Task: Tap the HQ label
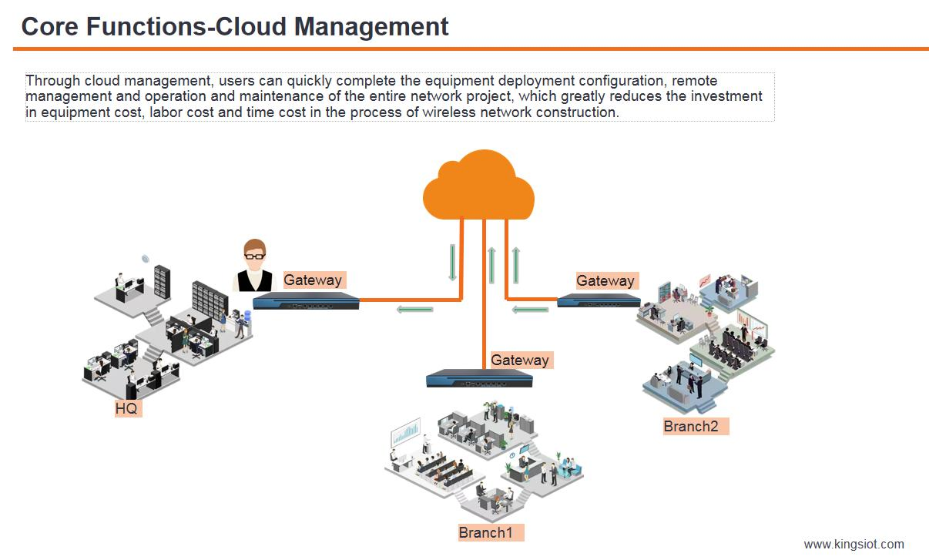point(126,409)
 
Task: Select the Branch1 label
point(486,532)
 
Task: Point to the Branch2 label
point(691,426)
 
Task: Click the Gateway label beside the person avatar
point(313,280)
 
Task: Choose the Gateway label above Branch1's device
point(520,360)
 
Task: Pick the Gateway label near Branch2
point(605,281)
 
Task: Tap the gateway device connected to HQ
point(306,301)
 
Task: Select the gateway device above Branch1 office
point(479,379)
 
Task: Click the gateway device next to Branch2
point(599,300)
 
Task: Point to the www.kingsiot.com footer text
point(854,544)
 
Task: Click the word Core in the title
point(50,27)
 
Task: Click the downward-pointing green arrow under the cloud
point(453,263)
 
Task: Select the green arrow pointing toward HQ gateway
point(414,310)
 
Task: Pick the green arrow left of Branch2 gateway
point(531,310)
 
